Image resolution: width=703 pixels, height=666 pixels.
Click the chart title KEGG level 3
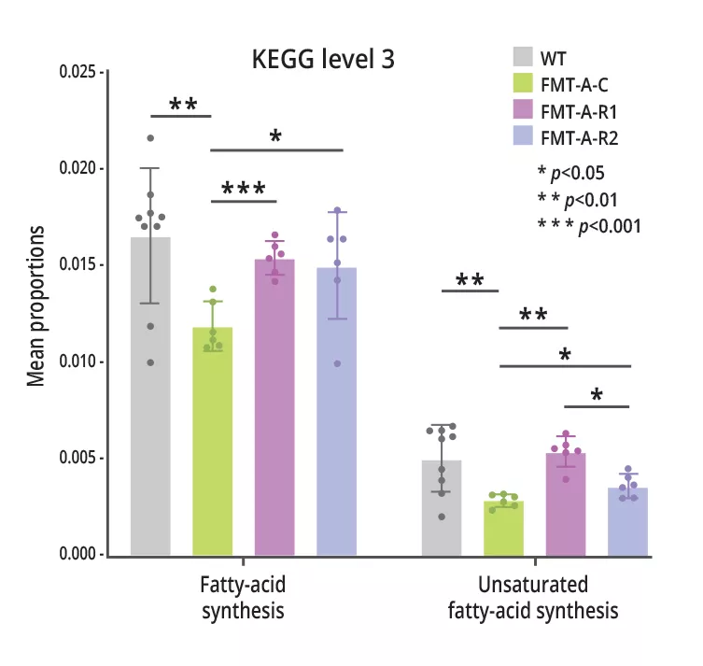tap(323, 60)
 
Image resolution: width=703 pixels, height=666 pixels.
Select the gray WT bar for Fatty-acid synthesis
tap(150, 402)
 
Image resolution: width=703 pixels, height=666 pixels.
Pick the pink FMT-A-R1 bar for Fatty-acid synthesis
tap(274, 411)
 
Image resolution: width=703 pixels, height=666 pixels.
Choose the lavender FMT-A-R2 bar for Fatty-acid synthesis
tap(336, 416)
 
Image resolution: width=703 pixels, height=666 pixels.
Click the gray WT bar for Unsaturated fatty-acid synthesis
tap(442, 509)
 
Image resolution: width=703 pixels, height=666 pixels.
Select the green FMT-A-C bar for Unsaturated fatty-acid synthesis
tap(503, 529)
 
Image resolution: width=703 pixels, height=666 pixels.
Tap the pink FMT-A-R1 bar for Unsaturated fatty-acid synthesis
tap(566, 505)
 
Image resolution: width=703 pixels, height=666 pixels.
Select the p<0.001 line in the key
tap(588, 224)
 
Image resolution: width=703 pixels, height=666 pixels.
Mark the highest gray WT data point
tap(150, 138)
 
